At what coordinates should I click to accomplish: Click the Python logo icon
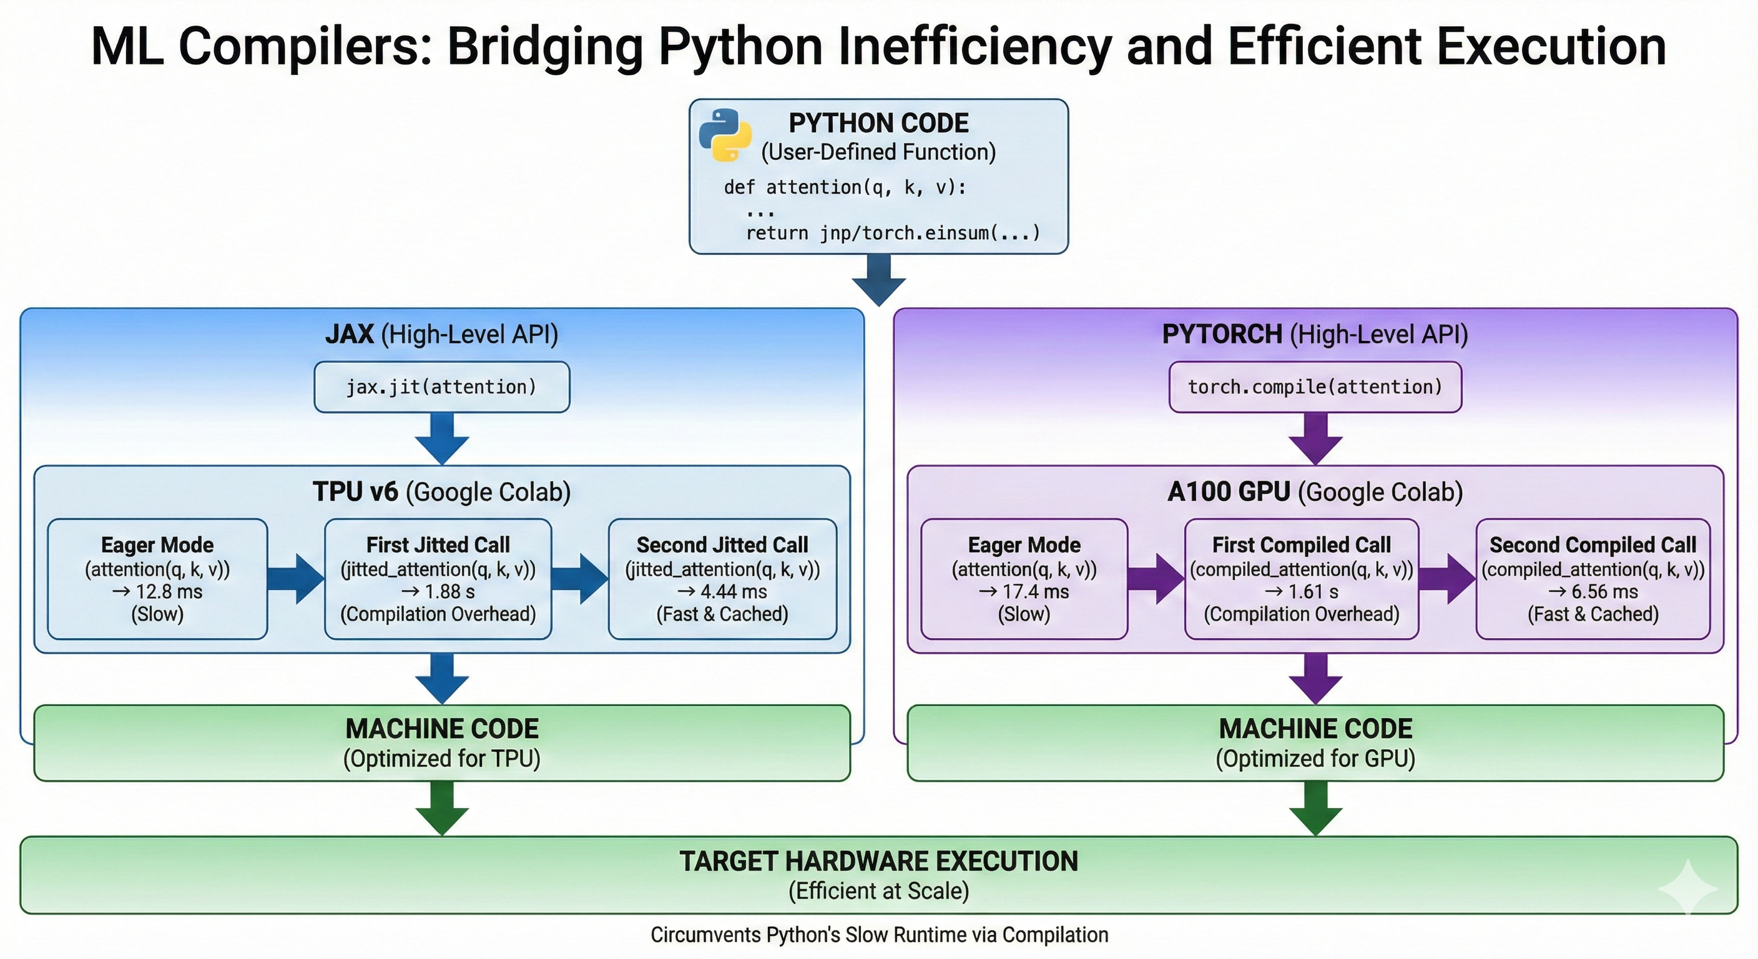pos(725,135)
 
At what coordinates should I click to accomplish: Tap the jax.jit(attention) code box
pos(441,387)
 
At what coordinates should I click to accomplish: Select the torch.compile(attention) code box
pos(1315,387)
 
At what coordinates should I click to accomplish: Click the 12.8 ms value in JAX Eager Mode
pos(169,592)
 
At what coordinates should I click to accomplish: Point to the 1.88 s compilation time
pos(449,592)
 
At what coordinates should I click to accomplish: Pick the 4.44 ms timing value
pos(734,592)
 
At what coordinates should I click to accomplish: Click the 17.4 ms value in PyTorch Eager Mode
pos(1035,592)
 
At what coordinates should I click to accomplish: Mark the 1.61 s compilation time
pos(1313,592)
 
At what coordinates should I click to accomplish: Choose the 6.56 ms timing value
pos(1604,592)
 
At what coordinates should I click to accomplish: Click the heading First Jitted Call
pos(438,544)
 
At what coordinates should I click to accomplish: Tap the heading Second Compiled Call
pos(1593,544)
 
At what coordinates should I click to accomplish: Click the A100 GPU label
pos(1229,492)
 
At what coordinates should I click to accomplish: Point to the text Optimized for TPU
pos(441,759)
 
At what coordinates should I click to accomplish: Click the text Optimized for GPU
pos(1315,759)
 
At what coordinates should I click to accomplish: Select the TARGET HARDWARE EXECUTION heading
pos(879,862)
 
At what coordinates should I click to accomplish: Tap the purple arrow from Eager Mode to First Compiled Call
pos(1156,579)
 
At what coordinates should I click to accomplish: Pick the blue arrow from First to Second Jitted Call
pos(579,579)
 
